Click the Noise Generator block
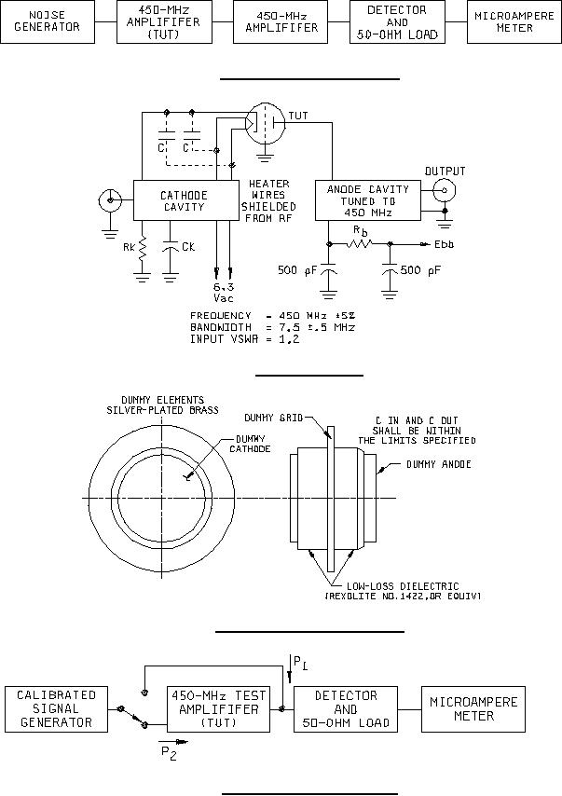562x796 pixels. tap(48, 21)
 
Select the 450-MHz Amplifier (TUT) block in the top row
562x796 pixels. tap(164, 21)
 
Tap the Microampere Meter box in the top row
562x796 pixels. tap(514, 21)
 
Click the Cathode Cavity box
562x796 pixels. tap(185, 200)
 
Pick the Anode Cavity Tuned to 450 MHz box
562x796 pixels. tap(368, 200)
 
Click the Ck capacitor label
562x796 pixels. tap(188, 247)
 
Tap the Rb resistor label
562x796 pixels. tap(361, 231)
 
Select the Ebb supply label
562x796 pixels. tap(444, 244)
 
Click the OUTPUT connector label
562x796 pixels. tap(445, 172)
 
